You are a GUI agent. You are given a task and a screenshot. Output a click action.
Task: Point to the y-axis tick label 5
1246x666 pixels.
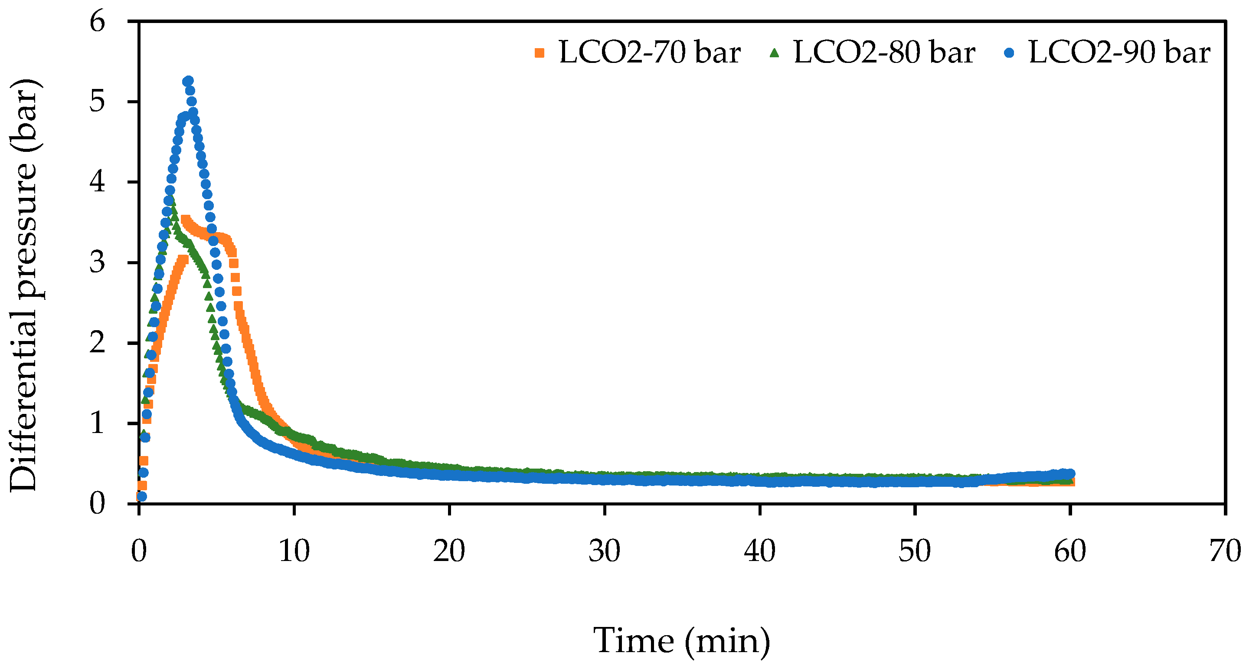(97, 102)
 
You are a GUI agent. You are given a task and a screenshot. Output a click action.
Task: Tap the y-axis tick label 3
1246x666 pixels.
(97, 263)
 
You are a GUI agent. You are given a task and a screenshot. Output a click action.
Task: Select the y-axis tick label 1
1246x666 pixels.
(97, 423)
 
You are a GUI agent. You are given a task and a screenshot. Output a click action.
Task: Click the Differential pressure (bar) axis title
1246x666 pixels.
(24, 285)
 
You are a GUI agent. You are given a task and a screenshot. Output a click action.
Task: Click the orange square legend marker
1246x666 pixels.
(540, 53)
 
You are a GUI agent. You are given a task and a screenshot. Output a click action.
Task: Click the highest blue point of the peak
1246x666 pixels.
(188, 81)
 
